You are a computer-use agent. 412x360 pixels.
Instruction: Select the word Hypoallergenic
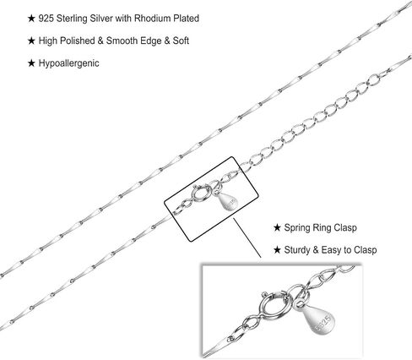pos(69,63)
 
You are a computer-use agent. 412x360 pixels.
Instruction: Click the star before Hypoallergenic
pos(31,63)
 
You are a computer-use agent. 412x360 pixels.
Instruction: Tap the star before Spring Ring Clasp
pos(277,227)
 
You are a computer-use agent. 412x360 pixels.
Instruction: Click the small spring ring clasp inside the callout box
pos(200,194)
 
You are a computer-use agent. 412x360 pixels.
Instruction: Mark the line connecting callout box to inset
pos(247,238)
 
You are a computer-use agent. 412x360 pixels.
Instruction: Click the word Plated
pos(186,19)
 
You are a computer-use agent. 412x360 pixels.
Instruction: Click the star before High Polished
pos(31,41)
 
